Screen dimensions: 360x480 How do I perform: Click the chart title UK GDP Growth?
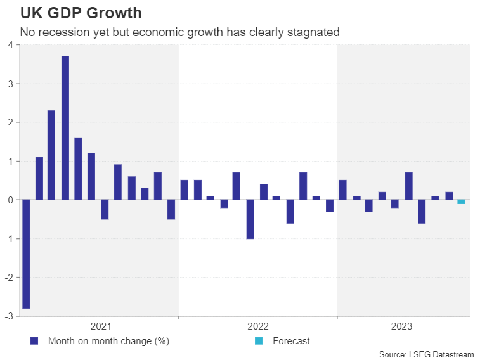[x=81, y=13]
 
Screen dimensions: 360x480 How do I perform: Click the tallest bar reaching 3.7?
[x=65, y=127]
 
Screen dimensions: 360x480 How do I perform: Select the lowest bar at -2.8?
[x=26, y=254]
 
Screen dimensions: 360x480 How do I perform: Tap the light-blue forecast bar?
[x=461, y=202]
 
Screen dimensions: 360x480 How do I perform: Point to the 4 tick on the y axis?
[x=10, y=45]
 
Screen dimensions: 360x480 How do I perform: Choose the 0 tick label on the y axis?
[x=10, y=200]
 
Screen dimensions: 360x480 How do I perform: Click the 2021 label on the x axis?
[x=101, y=326]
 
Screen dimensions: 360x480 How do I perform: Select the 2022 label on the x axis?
[x=257, y=326]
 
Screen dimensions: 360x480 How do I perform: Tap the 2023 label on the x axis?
[x=402, y=326]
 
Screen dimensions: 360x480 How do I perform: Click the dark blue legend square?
[x=34, y=341]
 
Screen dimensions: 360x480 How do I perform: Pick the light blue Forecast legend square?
[x=258, y=341]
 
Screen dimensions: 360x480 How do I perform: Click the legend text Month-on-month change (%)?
[x=108, y=341]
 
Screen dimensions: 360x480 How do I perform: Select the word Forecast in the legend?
[x=291, y=341]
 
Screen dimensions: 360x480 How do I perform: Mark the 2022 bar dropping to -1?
[x=250, y=219]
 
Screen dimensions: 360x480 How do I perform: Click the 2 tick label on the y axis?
[x=10, y=122]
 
